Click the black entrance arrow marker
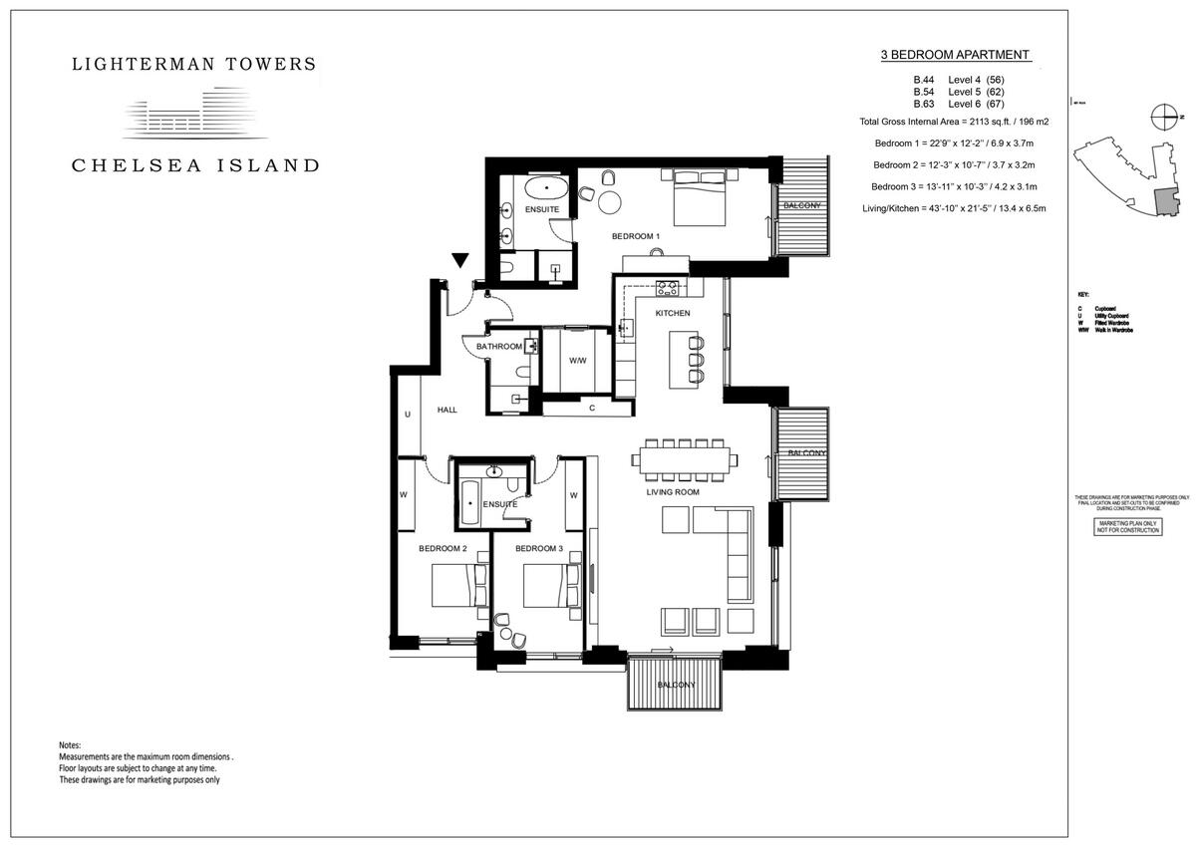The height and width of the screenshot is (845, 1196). point(459,261)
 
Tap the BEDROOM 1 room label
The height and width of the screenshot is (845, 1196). point(636,236)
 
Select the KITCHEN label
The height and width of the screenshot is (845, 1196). point(672,313)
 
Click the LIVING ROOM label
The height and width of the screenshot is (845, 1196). point(673,492)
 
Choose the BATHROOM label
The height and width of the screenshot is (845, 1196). point(498,346)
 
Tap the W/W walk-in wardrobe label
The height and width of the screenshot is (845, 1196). point(577,361)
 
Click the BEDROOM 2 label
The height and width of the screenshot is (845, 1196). point(443,549)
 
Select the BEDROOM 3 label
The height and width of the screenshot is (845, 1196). point(539,549)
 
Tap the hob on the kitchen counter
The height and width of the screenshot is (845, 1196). point(667,289)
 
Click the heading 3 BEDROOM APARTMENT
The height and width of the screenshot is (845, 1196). point(955,56)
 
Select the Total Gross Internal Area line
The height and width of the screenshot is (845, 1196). point(954,122)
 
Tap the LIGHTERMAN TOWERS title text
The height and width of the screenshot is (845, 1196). point(194,65)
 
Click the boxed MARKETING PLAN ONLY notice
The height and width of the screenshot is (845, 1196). point(1128,526)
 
